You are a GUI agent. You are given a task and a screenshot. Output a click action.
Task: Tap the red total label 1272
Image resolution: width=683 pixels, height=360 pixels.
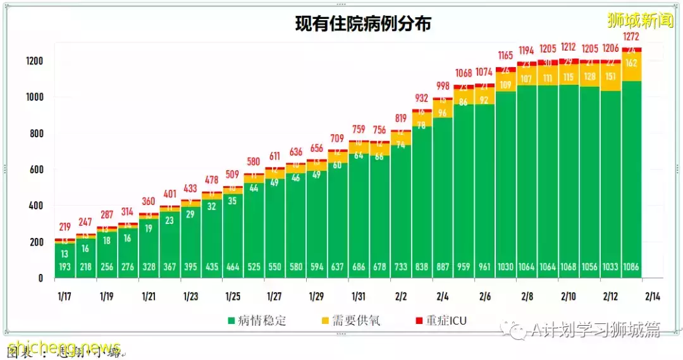coord(632,37)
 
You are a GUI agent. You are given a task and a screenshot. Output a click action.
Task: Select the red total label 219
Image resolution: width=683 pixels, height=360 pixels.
coord(65,227)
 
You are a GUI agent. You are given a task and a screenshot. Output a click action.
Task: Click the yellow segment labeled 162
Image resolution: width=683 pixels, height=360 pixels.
coord(632,63)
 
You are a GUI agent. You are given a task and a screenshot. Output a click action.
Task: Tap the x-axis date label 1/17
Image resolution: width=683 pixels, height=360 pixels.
coord(65,296)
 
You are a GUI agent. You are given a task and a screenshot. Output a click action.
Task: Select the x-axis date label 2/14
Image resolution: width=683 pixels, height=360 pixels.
coord(652,296)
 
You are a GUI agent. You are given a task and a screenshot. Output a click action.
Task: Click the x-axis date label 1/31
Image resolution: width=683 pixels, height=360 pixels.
coord(359,296)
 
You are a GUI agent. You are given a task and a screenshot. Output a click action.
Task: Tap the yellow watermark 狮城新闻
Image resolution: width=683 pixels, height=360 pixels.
coord(640,20)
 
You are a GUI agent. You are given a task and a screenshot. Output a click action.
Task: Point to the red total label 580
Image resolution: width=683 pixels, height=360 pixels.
coord(254,161)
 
